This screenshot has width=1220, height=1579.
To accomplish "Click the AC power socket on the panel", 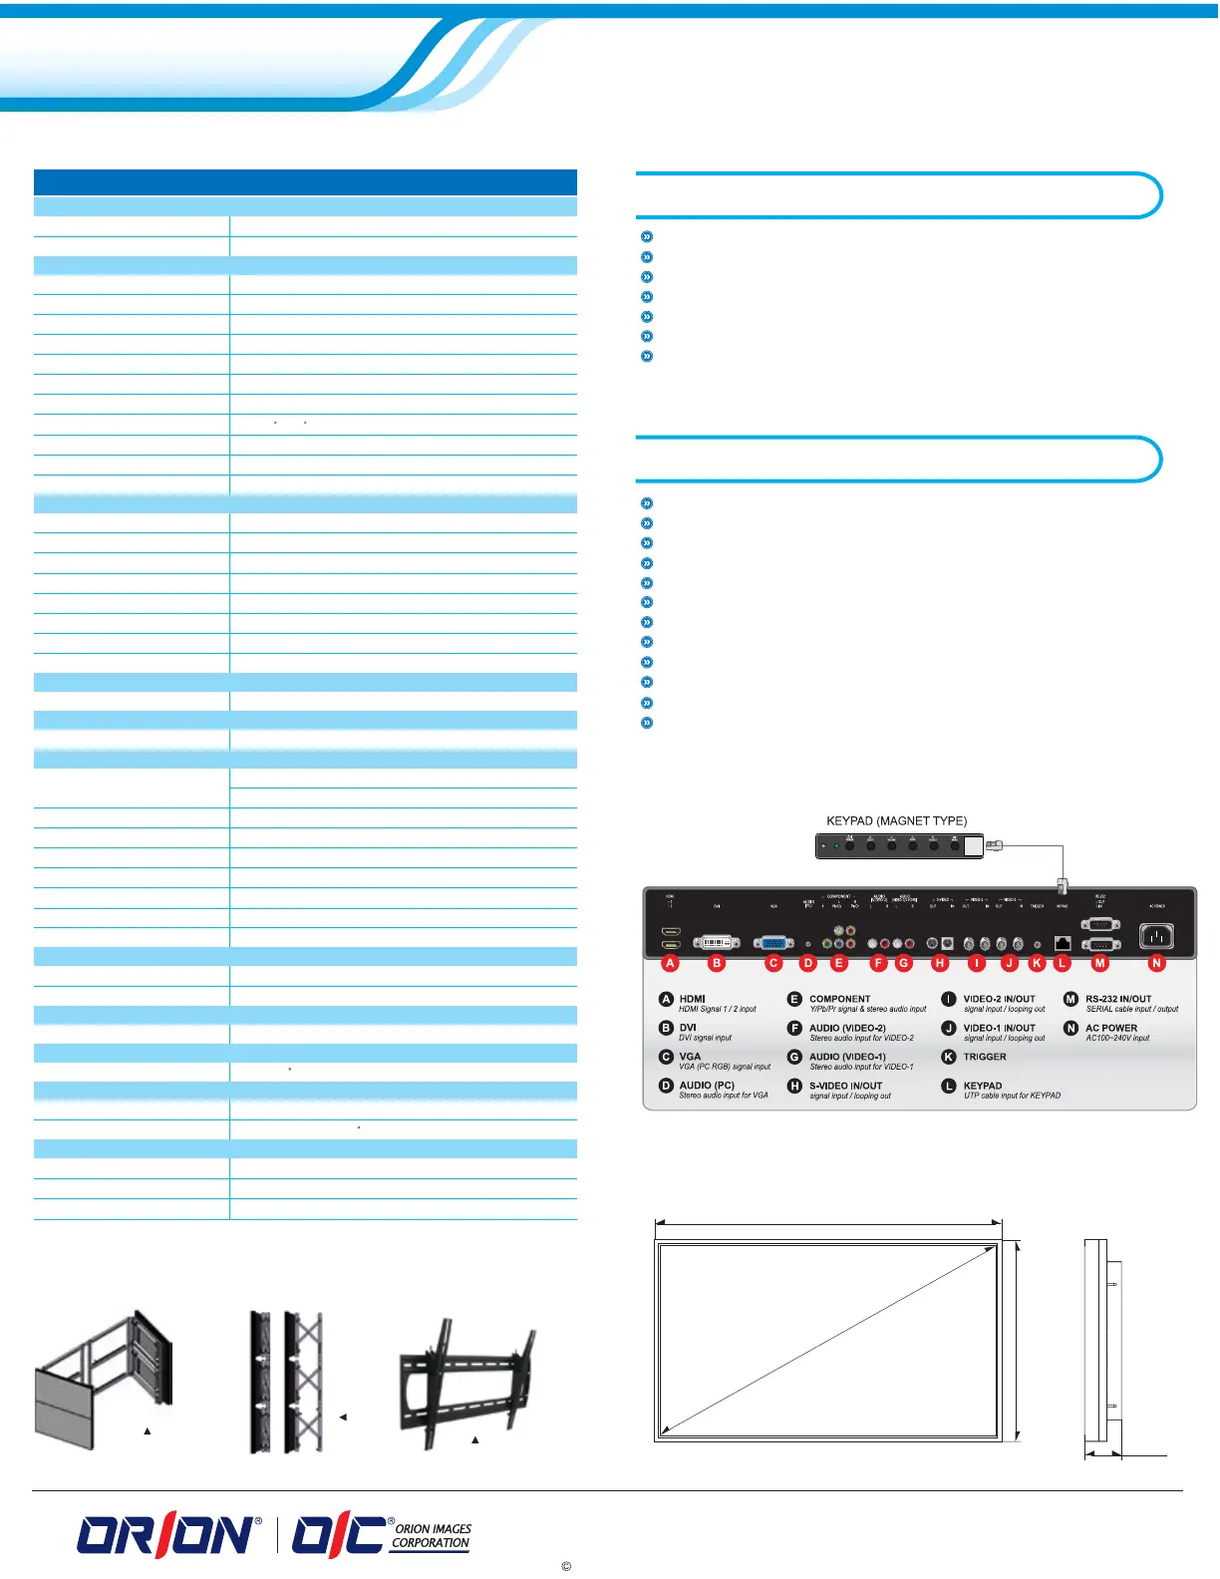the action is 1156,936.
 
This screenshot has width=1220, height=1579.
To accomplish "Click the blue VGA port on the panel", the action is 773,941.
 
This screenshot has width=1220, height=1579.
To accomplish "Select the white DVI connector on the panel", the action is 717,941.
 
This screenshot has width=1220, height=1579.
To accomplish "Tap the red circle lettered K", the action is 1037,963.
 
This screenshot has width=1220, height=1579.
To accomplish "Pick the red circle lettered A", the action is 670,963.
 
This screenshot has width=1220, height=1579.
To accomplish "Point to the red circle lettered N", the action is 1156,963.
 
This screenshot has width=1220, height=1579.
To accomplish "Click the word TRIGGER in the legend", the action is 984,1057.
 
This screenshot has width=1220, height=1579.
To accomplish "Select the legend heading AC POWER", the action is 1110,1028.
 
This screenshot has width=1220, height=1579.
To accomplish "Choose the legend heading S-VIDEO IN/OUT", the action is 845,1086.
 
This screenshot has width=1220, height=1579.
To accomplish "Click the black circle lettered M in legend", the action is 1070,999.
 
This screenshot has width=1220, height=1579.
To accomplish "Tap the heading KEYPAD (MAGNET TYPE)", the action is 896,821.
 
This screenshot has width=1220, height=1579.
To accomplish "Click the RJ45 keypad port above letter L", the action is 1062,942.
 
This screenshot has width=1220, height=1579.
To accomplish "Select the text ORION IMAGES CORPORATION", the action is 432,1535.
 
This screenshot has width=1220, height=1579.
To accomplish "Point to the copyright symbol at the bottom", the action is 566,1566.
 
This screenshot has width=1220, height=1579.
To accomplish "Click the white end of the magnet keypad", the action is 973,846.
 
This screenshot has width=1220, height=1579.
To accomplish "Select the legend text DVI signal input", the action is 705,1038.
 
